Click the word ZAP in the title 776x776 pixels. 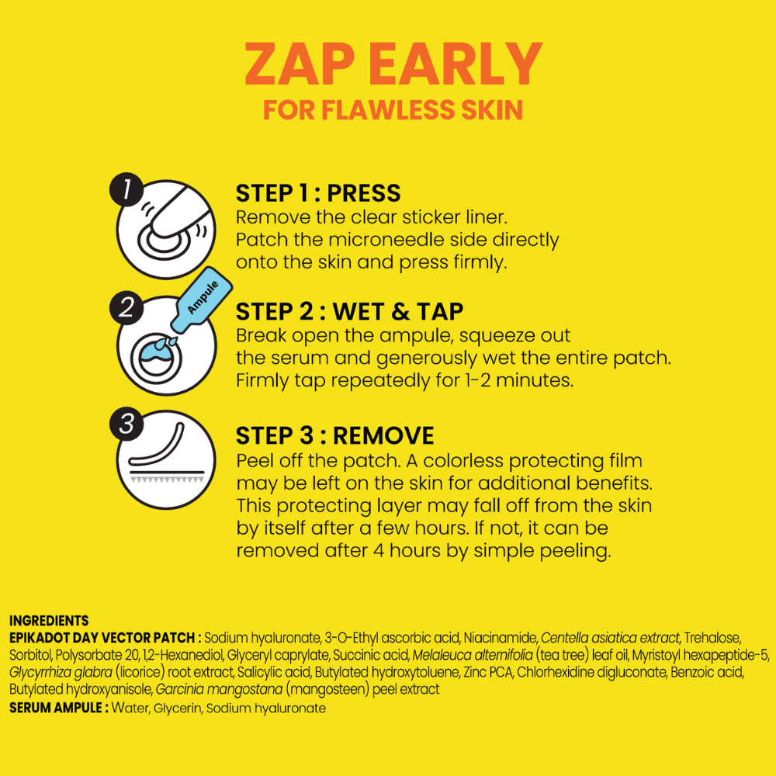(x=300, y=64)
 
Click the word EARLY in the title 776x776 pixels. (x=456, y=64)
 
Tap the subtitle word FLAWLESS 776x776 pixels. (x=388, y=110)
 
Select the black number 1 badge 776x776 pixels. (x=126, y=189)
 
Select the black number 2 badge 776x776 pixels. (x=126, y=307)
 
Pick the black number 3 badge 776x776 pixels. (x=126, y=424)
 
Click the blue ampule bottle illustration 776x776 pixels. (x=201, y=300)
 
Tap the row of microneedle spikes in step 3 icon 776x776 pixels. (x=167, y=480)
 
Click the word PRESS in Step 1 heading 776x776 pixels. (x=364, y=193)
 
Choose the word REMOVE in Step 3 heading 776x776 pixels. (x=383, y=435)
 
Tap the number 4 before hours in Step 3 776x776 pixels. (x=379, y=550)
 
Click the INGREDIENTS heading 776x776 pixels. (x=49, y=621)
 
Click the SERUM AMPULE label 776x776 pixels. (x=59, y=708)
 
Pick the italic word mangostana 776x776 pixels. (x=244, y=689)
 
